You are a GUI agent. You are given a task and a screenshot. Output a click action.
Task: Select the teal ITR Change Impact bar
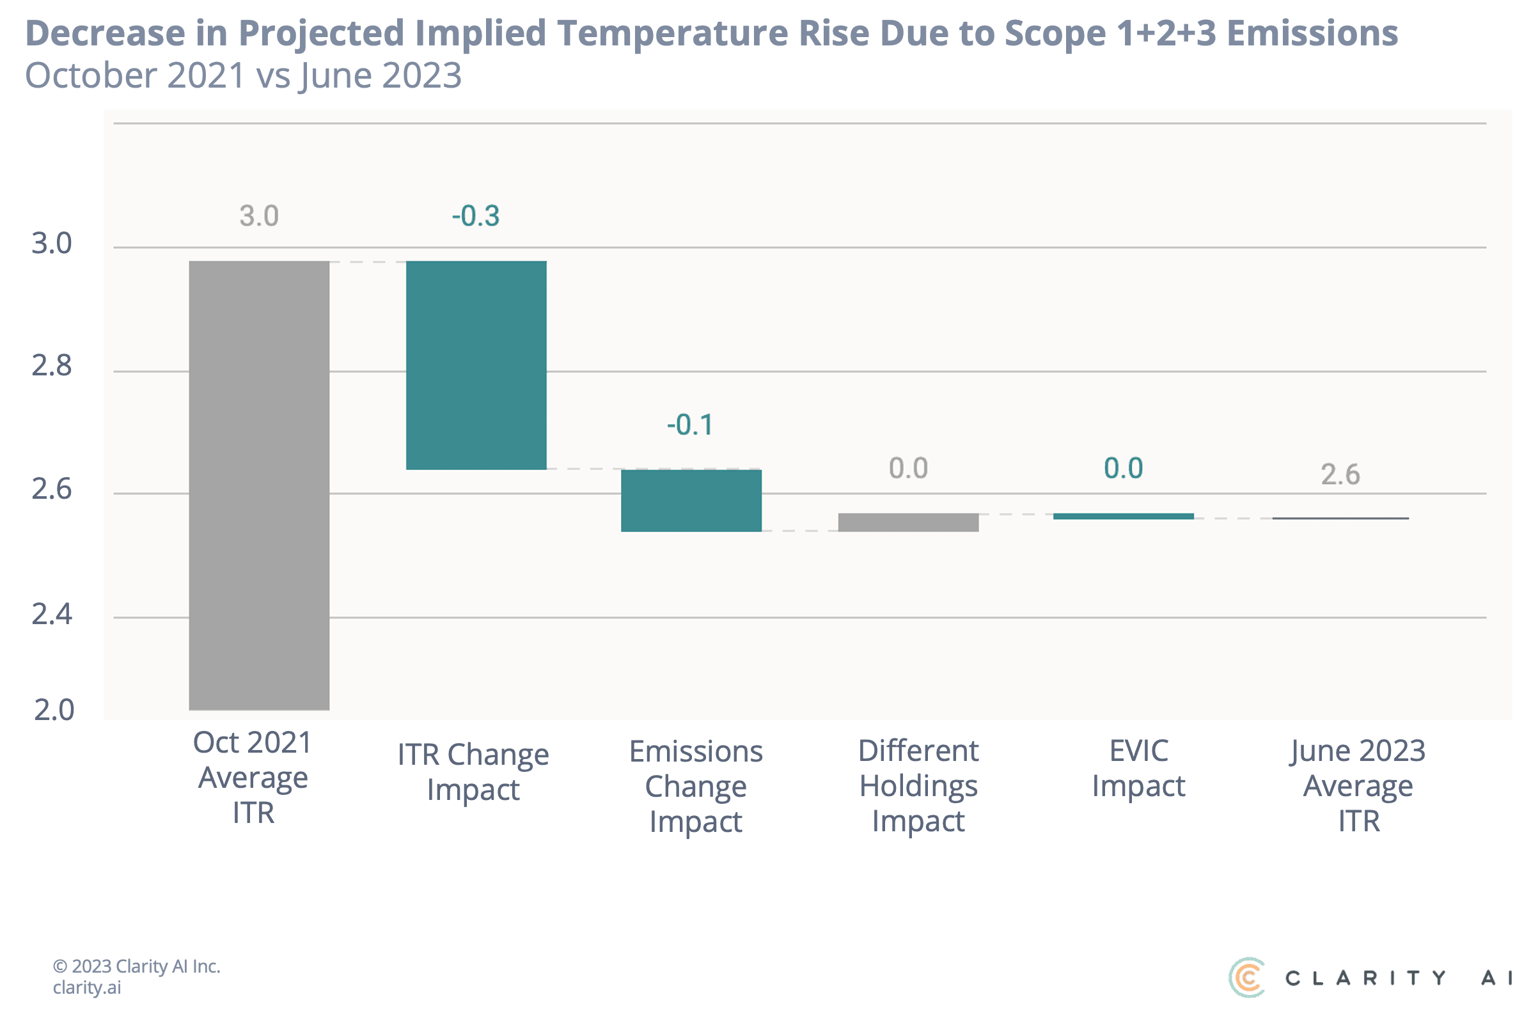pyautogui.click(x=476, y=365)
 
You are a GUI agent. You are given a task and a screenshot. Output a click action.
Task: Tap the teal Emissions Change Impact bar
pyautogui.click(x=691, y=500)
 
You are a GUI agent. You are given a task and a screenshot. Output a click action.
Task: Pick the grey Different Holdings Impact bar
pyautogui.click(x=907, y=522)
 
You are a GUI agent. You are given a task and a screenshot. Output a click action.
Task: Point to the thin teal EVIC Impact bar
pyautogui.click(x=1123, y=517)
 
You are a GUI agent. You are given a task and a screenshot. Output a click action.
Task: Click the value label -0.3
pyautogui.click(x=476, y=216)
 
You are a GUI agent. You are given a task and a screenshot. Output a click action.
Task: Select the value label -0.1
pyautogui.click(x=690, y=425)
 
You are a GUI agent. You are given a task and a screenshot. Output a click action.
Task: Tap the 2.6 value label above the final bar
pyautogui.click(x=1340, y=475)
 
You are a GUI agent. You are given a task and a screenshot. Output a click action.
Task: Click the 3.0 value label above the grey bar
pyautogui.click(x=259, y=216)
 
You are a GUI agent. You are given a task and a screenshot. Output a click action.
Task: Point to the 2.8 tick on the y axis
pyautogui.click(x=52, y=366)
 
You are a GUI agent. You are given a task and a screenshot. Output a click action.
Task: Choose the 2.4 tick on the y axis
pyautogui.click(x=52, y=615)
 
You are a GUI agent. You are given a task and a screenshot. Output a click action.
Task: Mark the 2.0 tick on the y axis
pyautogui.click(x=54, y=710)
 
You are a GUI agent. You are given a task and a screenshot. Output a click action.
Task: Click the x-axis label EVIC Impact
pyautogui.click(x=1138, y=769)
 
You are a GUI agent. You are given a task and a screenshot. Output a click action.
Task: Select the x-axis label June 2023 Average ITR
pyautogui.click(x=1358, y=786)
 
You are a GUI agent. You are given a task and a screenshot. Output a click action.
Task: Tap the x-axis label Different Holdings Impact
pyautogui.click(x=919, y=786)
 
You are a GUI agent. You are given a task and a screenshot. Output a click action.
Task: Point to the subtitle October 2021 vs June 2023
pyautogui.click(x=243, y=76)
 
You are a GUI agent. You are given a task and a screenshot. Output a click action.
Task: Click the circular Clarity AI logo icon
pyautogui.click(x=1246, y=978)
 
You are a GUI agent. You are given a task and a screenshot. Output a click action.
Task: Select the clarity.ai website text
pyautogui.click(x=86, y=988)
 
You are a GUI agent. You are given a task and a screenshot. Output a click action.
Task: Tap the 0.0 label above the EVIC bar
pyautogui.click(x=1123, y=469)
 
